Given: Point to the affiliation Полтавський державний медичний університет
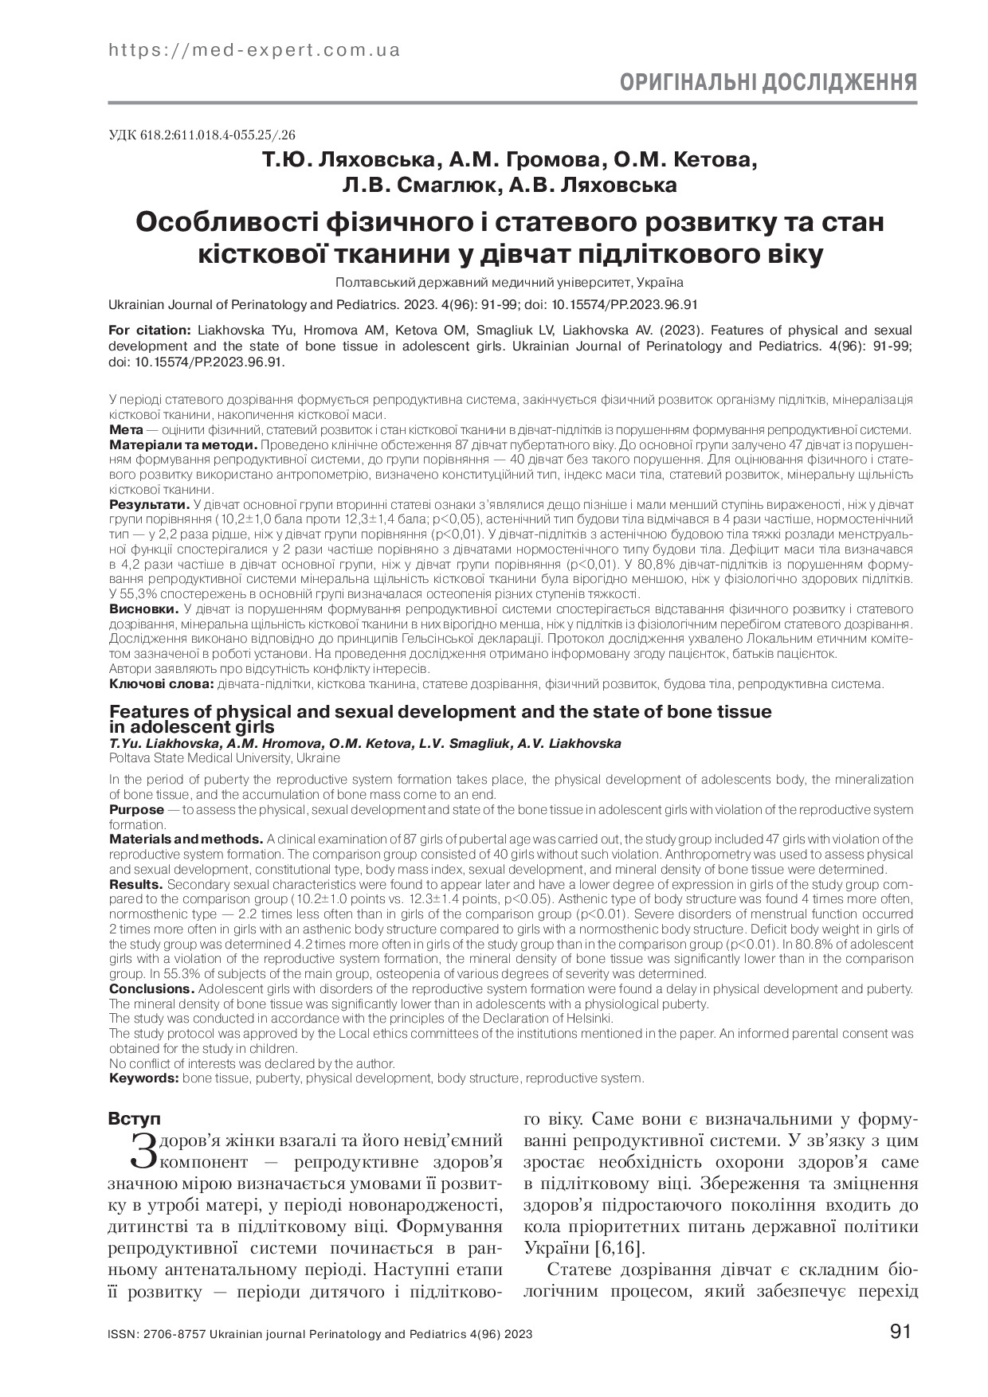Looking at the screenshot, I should click(x=509, y=282).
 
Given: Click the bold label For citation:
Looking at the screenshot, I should click(x=149, y=330).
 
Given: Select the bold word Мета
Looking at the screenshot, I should click(x=125, y=428).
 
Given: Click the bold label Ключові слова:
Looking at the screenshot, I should click(x=160, y=683).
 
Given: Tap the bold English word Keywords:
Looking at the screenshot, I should click(x=143, y=1078).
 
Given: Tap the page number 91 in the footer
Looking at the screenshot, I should click(x=899, y=1332).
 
